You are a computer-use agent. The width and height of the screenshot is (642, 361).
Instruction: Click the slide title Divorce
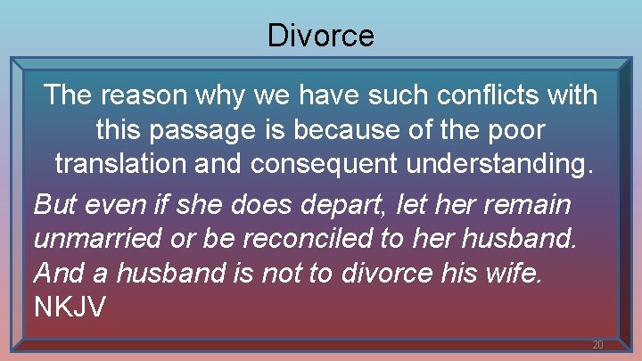click(321, 36)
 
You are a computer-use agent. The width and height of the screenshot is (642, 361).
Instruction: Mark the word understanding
click(503, 166)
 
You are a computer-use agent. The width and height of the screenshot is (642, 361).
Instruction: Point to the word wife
click(512, 273)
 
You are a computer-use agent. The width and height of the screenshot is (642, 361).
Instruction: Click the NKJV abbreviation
click(70, 308)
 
